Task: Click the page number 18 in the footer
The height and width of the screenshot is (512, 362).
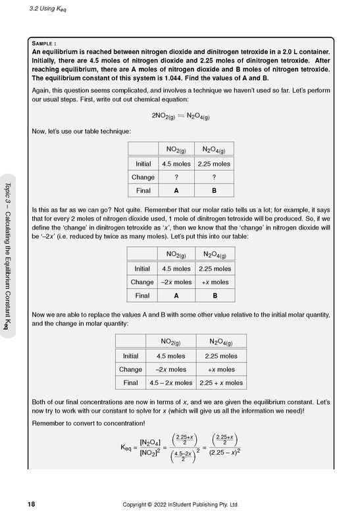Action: [x=31, y=504]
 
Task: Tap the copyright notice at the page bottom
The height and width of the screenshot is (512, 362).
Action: [x=181, y=504]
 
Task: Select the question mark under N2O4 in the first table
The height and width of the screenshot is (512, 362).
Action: [x=214, y=177]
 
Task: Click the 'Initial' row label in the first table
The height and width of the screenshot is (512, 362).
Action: [x=143, y=164]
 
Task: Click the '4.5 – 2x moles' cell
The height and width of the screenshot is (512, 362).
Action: [x=170, y=382]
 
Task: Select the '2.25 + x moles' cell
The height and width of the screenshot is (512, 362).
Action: [x=220, y=382]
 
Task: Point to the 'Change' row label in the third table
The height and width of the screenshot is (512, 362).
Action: [x=130, y=369]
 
